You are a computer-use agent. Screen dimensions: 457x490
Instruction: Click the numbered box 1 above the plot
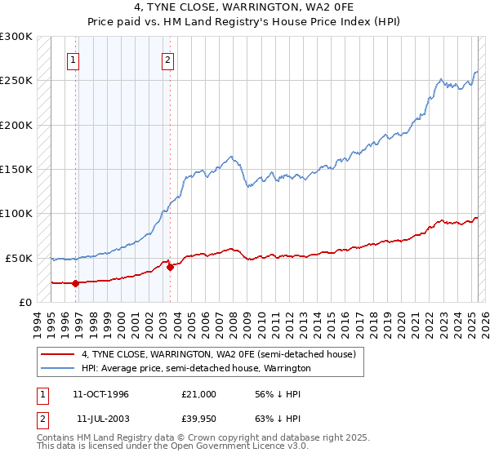tap(73, 60)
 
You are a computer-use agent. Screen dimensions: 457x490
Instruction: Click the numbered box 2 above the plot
tap(167, 60)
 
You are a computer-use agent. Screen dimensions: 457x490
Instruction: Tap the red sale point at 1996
tap(75, 284)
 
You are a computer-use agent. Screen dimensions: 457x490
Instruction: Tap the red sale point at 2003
tap(170, 267)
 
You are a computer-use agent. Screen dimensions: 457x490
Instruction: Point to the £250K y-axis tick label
tap(16, 81)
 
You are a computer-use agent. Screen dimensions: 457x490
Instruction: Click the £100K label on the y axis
tap(16, 214)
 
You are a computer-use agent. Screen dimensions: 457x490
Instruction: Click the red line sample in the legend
tap(58, 355)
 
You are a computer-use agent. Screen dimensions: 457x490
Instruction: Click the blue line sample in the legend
tap(58, 369)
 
